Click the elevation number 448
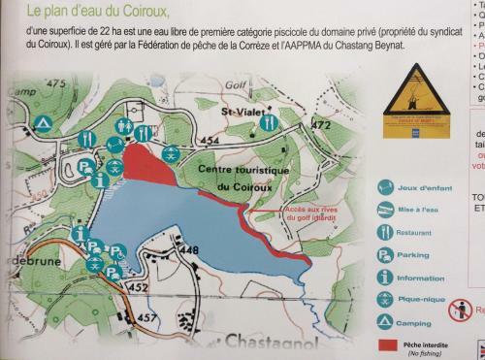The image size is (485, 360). tap(189, 251)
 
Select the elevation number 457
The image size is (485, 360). tap(146, 317)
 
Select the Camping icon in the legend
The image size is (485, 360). tap(385, 320)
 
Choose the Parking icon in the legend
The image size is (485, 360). tap(385, 254)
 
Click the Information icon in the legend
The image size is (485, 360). tap(385, 277)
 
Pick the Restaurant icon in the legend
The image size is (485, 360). tap(385, 232)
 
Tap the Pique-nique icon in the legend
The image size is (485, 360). tap(385, 298)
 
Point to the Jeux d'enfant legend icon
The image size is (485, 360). tap(385, 187)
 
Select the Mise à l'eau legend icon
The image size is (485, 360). tap(385, 210)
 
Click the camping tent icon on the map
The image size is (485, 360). tap(43, 123)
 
